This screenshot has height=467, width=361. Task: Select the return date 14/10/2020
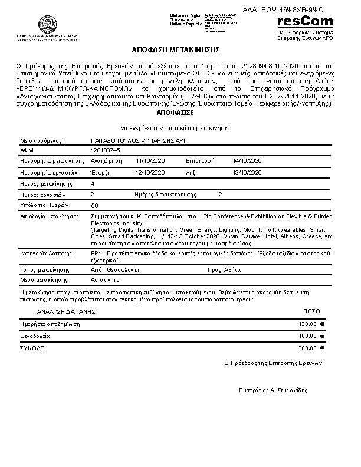[x=246, y=160]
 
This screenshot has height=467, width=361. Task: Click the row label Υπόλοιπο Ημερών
[x=44, y=205]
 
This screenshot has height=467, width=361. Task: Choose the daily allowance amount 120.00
[x=307, y=324]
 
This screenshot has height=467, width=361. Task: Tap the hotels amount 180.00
[x=307, y=336]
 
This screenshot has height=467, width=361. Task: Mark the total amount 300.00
[x=307, y=348]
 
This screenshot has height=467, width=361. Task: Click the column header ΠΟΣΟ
[x=311, y=310]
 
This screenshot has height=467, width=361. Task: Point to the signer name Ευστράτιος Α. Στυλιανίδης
[x=273, y=390]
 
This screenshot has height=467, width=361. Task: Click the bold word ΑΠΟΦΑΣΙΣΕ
[x=175, y=111]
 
